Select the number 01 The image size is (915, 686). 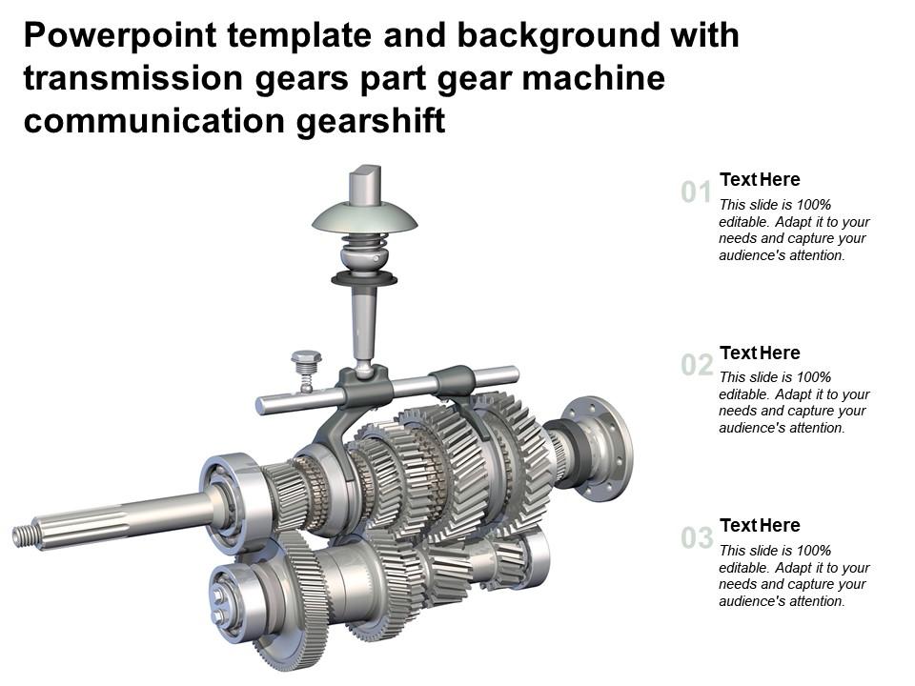(697, 193)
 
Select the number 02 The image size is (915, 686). (697, 365)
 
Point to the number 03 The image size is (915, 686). (697, 538)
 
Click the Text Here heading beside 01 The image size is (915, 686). (760, 179)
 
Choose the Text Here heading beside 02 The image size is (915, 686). (760, 353)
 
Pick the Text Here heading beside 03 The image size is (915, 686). (760, 525)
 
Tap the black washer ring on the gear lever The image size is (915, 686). (363, 279)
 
